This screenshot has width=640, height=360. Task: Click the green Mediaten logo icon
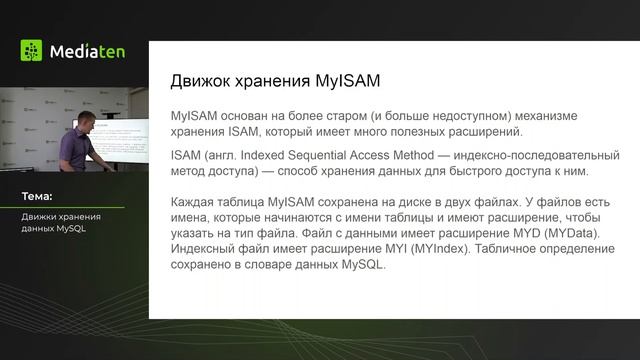point(31,50)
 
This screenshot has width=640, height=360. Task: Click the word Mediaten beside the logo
point(87,50)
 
